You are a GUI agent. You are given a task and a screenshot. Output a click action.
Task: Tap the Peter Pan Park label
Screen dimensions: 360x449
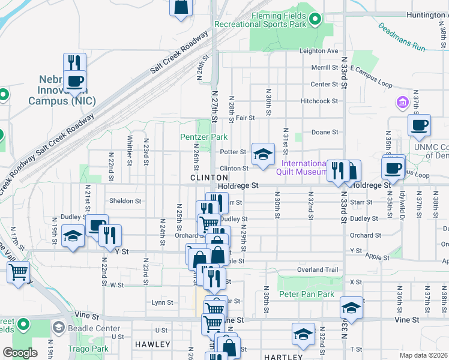click(x=306, y=295)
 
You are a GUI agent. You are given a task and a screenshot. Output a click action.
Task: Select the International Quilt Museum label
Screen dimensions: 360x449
click(x=304, y=167)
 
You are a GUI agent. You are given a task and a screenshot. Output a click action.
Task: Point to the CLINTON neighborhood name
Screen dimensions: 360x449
click(x=209, y=178)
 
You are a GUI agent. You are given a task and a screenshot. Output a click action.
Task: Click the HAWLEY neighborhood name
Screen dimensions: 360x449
click(x=152, y=344)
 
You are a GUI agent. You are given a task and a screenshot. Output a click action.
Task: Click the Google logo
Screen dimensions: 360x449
click(x=20, y=353)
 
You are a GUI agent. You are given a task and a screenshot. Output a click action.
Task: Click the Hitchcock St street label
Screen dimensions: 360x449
click(x=320, y=101)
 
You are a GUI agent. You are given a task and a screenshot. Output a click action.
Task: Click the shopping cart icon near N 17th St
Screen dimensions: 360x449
click(x=18, y=272)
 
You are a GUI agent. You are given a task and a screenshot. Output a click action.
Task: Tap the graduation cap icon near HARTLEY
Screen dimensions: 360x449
click(x=303, y=334)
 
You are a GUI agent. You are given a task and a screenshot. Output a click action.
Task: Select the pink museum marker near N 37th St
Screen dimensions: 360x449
click(x=401, y=103)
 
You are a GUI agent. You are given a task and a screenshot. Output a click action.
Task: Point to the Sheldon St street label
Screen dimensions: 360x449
click(x=125, y=201)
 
